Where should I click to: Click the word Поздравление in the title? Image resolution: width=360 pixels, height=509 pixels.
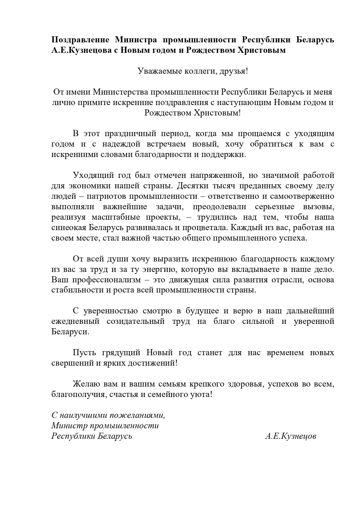[80, 40]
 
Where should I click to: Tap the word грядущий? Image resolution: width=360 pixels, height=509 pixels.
[121, 353]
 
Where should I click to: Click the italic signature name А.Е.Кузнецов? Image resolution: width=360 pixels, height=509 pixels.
[290, 436]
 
